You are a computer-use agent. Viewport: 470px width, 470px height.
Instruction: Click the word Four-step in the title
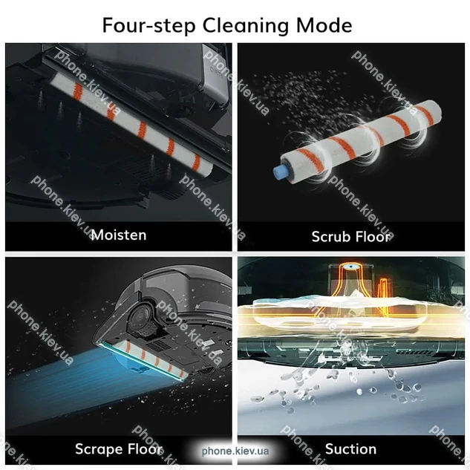pyautogui.click(x=149, y=25)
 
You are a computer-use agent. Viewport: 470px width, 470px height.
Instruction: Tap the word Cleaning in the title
pyautogui.click(x=246, y=26)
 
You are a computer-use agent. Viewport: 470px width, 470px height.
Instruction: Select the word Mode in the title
pyautogui.click(x=324, y=25)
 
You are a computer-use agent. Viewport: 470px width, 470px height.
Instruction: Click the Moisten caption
pyautogui.click(x=119, y=235)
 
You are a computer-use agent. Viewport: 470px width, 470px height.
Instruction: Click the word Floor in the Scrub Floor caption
pyautogui.click(x=373, y=237)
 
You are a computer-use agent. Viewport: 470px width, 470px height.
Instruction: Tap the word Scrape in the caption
pyautogui.click(x=99, y=449)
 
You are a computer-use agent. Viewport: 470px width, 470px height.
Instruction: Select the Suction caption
pyautogui.click(x=350, y=449)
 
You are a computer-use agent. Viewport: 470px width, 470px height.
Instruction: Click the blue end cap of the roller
pyautogui.click(x=280, y=172)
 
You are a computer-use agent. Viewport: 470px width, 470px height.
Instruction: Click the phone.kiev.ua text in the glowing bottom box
pyautogui.click(x=235, y=451)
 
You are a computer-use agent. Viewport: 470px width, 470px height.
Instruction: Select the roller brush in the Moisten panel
pyautogui.click(x=132, y=123)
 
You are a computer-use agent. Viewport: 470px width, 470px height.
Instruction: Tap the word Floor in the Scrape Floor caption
pyautogui.click(x=146, y=449)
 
